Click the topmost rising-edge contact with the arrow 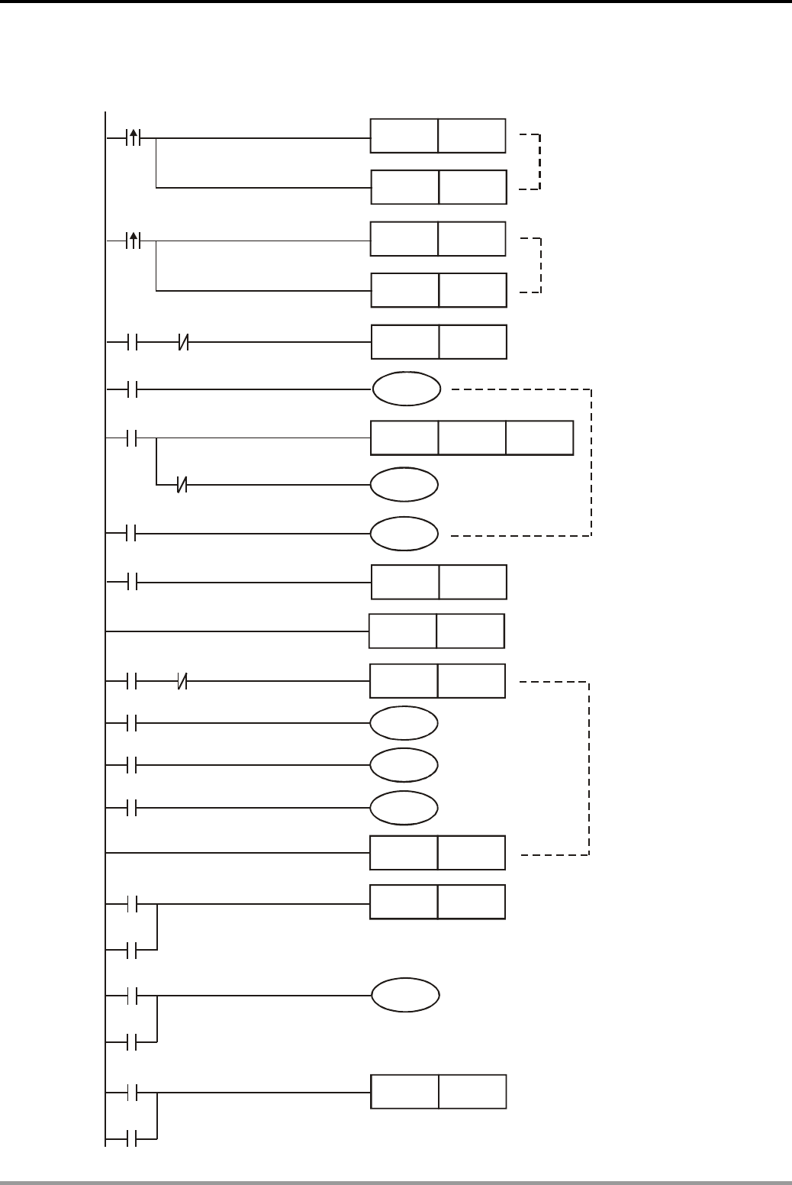pyautogui.click(x=134, y=138)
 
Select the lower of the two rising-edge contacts pyautogui.click(x=134, y=241)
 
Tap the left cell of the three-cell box pyautogui.click(x=404, y=438)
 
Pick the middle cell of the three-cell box pyautogui.click(x=472, y=438)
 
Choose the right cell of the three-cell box pyautogui.click(x=539, y=438)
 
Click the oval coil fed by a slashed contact pyautogui.click(x=404, y=484)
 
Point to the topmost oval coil pyautogui.click(x=406, y=389)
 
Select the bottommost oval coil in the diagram pyautogui.click(x=405, y=996)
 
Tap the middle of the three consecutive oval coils pyautogui.click(x=404, y=765)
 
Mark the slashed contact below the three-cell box pyautogui.click(x=182, y=484)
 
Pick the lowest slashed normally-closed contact pyautogui.click(x=182, y=682)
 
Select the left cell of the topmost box pyautogui.click(x=404, y=136)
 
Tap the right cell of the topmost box pyautogui.click(x=472, y=136)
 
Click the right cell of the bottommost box pyautogui.click(x=472, y=1092)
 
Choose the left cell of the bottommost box pyautogui.click(x=405, y=1092)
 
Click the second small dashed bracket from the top pyautogui.click(x=541, y=266)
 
